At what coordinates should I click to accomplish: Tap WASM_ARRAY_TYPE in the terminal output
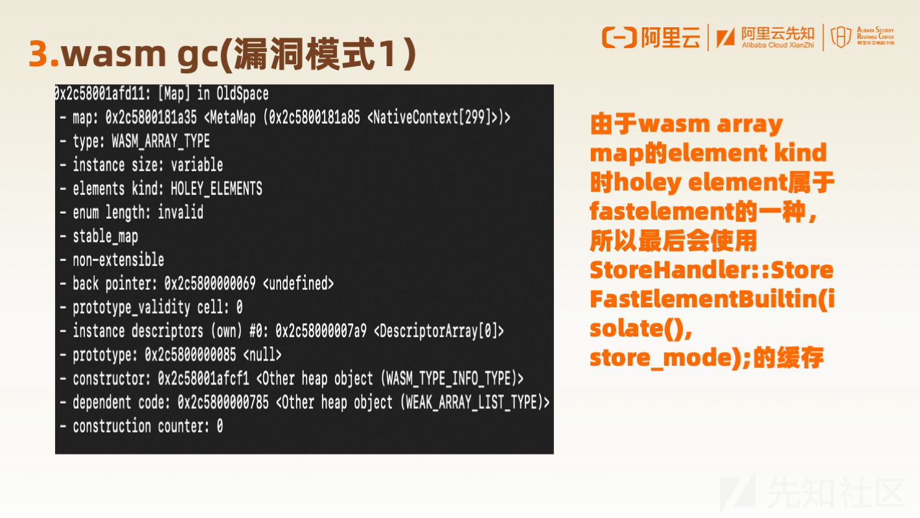(x=161, y=141)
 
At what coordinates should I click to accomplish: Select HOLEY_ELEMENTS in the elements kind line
(x=216, y=189)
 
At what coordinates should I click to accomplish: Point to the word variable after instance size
(x=197, y=165)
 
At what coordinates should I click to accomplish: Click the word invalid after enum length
(x=180, y=212)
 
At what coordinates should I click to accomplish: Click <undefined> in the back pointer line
(x=298, y=283)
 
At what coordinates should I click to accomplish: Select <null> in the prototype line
(x=262, y=355)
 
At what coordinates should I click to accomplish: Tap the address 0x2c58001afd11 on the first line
(x=102, y=94)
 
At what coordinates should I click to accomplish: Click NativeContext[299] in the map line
(x=432, y=117)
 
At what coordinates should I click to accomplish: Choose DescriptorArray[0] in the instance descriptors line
(x=439, y=331)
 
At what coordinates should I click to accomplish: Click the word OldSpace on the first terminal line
(x=242, y=94)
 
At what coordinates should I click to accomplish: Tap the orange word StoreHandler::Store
(x=711, y=270)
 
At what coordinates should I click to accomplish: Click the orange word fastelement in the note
(x=661, y=211)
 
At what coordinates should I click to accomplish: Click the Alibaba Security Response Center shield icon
(x=841, y=37)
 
